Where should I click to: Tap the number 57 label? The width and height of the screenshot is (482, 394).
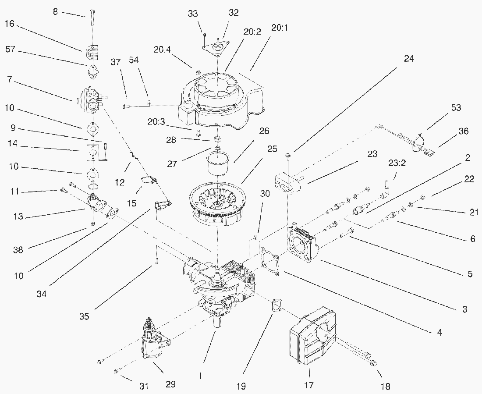(10, 50)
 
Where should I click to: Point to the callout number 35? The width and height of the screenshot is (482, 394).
(85, 316)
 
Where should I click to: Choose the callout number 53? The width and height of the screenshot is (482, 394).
(456, 108)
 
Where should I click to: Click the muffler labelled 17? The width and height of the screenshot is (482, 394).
(312, 337)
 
